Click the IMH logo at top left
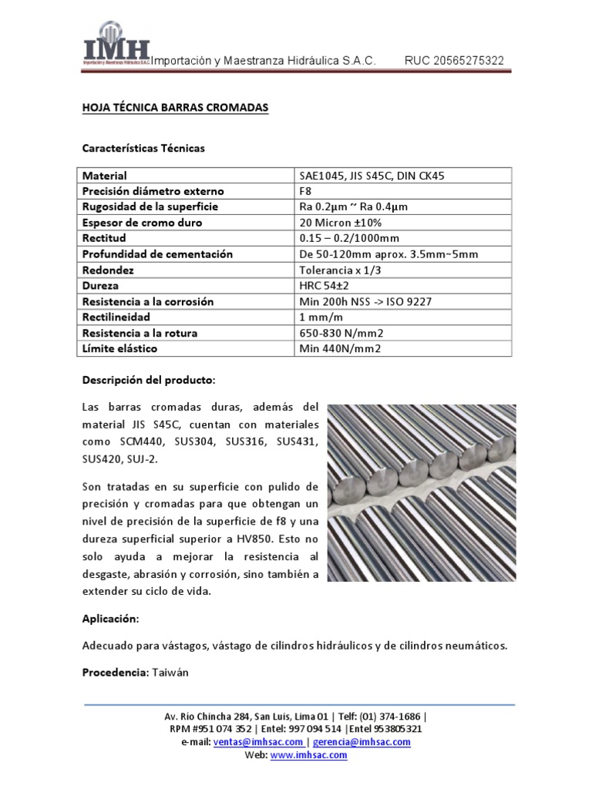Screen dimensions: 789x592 116,52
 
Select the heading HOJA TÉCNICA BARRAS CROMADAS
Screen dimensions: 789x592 176,109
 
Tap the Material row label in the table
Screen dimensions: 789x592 105,176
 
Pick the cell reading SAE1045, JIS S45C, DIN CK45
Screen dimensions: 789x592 372,176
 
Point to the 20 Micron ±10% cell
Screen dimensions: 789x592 338,223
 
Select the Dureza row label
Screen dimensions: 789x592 101,285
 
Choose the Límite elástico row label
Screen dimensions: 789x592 119,348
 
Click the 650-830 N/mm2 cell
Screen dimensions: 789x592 340,333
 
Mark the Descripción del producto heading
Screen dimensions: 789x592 149,381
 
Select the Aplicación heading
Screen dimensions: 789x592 111,619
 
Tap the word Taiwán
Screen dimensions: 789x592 170,673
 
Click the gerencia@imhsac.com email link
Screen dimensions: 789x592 362,742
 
